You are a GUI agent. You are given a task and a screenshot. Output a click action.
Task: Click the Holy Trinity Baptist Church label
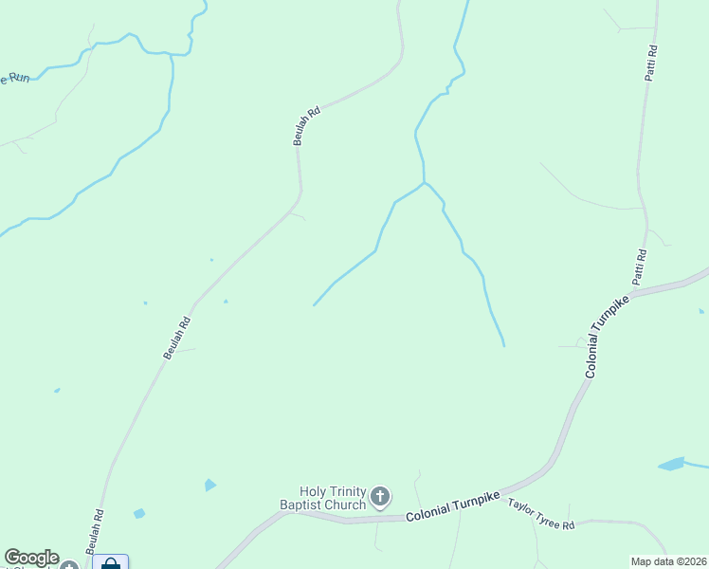click(x=332, y=498)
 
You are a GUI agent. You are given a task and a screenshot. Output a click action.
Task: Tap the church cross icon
click(x=379, y=496)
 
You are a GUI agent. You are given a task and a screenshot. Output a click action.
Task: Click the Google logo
click(x=31, y=558)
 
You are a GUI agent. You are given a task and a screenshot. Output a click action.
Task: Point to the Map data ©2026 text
click(x=668, y=561)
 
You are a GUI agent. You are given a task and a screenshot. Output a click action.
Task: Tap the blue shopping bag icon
click(x=110, y=564)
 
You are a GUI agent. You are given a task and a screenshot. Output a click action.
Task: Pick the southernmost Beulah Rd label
click(x=94, y=532)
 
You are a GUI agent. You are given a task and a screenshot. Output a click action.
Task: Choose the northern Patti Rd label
click(x=651, y=63)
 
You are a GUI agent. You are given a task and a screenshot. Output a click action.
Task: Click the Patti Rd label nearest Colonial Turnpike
click(x=640, y=266)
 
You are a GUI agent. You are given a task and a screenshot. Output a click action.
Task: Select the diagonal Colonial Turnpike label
click(x=607, y=337)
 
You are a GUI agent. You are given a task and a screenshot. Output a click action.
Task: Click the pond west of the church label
click(x=209, y=485)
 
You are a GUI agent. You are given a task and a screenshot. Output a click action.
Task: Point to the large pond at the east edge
click(x=671, y=465)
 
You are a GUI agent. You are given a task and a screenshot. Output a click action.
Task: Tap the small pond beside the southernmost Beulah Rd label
click(x=139, y=513)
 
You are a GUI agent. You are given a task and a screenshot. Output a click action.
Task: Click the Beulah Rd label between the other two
click(x=177, y=338)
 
